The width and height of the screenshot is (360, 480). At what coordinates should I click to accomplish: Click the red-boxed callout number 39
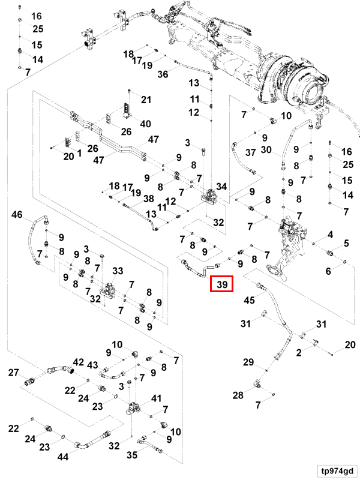[x=222, y=284]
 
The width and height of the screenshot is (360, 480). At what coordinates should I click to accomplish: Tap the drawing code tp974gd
[x=337, y=470]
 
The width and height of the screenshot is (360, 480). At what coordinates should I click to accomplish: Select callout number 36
[x=163, y=74]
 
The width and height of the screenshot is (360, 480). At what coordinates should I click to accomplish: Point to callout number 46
[x=17, y=214]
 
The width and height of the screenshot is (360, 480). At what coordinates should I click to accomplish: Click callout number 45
[x=249, y=300]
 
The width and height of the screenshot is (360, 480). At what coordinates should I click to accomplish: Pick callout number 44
[x=63, y=457]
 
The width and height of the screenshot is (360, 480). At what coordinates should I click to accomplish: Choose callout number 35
[x=132, y=455]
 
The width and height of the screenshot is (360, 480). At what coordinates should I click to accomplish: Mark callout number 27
[x=13, y=373]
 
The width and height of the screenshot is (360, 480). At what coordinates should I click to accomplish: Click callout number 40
[x=145, y=124]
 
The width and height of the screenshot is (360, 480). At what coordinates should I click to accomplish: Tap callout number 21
[x=146, y=100]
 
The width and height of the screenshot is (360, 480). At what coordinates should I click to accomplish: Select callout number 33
[x=118, y=271]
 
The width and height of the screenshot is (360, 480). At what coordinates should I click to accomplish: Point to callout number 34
[x=221, y=187]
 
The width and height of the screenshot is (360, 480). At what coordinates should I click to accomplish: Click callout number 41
[x=156, y=398]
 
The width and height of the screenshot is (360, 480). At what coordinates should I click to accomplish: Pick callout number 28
[x=238, y=395]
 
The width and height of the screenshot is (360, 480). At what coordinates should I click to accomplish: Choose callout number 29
[x=248, y=362]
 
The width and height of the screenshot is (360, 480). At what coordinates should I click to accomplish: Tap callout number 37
[x=250, y=152]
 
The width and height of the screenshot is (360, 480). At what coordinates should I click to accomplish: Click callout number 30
[x=266, y=149]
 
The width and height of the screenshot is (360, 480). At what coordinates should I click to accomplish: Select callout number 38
[x=149, y=199]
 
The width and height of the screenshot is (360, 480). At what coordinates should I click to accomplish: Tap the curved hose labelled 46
[x=31, y=233]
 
